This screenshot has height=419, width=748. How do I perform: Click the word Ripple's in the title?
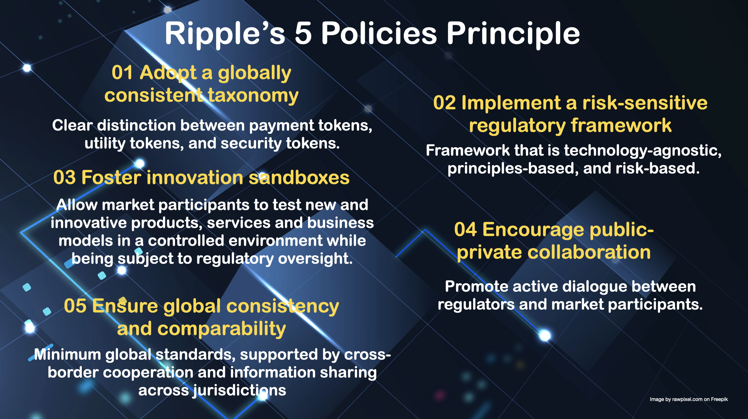click(x=225, y=34)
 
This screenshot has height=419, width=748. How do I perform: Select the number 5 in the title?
click(x=303, y=34)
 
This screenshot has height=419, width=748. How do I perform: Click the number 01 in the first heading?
click(x=122, y=73)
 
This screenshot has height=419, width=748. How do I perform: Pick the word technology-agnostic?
click(x=643, y=151)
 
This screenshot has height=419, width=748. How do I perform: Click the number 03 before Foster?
click(x=64, y=178)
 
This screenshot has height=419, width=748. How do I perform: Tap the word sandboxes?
click(x=299, y=178)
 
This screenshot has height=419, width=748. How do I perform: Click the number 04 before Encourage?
click(x=465, y=230)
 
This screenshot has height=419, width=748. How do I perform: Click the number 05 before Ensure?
click(x=75, y=306)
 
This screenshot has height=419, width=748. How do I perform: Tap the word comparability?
click(x=221, y=329)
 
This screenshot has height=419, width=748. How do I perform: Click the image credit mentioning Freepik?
click(x=689, y=399)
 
